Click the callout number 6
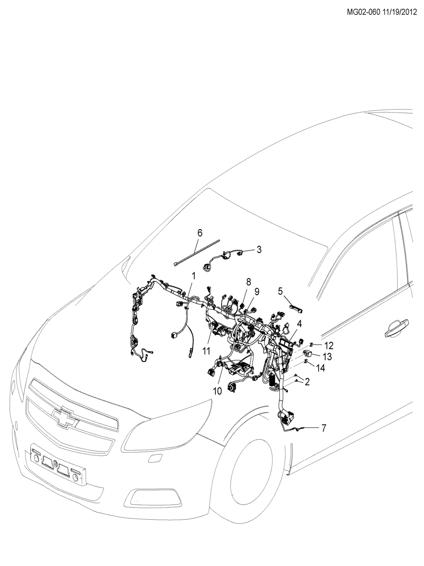(x=200, y=233)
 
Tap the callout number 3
(x=259, y=250)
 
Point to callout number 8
(x=249, y=282)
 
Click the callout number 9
(x=257, y=292)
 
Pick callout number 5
(x=280, y=291)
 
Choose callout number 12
(x=329, y=345)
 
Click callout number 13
(x=327, y=357)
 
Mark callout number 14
(x=320, y=369)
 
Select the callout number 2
(x=307, y=382)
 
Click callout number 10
(x=217, y=391)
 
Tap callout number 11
(x=206, y=351)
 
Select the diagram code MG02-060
(x=363, y=12)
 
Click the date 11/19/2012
(x=400, y=12)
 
